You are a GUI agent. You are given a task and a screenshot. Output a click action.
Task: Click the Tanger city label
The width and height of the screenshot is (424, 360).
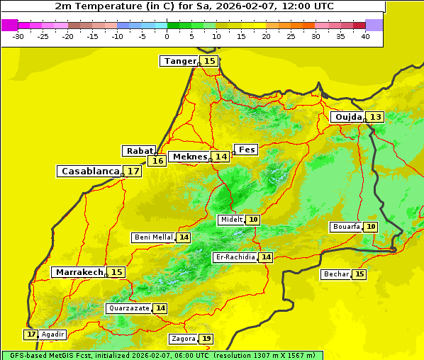(x=179, y=61)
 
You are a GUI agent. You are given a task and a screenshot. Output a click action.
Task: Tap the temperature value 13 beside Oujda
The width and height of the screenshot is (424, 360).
(x=375, y=117)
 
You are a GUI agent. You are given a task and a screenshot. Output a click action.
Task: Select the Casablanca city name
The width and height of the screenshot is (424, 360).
(x=90, y=171)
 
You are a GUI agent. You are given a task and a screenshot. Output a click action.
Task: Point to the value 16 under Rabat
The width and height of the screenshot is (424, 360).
(x=157, y=161)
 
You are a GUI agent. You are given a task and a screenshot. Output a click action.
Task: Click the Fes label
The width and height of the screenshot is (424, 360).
(x=247, y=150)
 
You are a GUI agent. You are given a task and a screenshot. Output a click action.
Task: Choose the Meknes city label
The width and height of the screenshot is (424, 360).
(x=190, y=157)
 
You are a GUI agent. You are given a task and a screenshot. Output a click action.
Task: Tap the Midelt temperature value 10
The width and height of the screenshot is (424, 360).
(x=253, y=220)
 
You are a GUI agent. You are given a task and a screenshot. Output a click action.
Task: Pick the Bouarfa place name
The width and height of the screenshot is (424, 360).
(x=346, y=227)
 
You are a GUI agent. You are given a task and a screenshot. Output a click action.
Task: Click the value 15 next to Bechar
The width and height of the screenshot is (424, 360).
(x=359, y=274)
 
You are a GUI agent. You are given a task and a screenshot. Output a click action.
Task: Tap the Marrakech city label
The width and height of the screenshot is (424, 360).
(x=79, y=272)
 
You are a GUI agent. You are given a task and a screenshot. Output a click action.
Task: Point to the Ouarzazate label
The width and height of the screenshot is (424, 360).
(x=129, y=308)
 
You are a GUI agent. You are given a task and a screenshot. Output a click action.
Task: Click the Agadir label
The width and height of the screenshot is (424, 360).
(x=52, y=334)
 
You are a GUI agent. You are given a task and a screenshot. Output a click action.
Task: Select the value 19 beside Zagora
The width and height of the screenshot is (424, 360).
(x=206, y=339)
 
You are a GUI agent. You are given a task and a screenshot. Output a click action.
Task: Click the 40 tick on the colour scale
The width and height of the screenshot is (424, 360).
(x=365, y=36)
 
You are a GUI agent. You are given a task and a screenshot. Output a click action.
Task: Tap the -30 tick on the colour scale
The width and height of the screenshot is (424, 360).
(x=18, y=36)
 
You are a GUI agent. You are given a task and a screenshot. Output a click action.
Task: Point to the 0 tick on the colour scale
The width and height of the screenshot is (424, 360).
(x=167, y=36)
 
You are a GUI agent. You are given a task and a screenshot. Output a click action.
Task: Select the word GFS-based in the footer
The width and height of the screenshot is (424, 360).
(x=28, y=355)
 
